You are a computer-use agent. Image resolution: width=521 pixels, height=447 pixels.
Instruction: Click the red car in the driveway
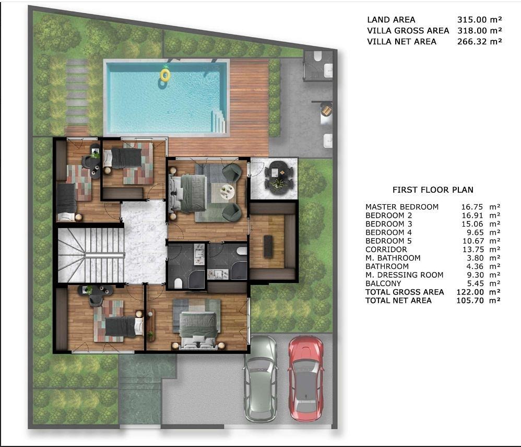point(306,379)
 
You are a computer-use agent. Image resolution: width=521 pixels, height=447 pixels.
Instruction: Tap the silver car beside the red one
point(260,379)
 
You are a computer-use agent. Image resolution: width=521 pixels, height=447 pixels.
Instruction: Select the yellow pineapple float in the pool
point(165,75)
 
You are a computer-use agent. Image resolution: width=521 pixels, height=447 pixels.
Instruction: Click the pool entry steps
point(219,121)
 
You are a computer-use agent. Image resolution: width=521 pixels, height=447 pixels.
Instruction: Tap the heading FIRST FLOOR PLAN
point(433,190)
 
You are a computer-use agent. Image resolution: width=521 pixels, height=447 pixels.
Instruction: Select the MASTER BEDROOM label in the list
point(402,207)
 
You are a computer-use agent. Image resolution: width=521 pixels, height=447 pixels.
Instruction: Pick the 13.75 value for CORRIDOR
point(473,250)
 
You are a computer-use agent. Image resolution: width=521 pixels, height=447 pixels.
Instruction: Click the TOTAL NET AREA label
point(398,301)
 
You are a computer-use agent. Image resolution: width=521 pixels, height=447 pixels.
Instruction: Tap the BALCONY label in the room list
point(383,284)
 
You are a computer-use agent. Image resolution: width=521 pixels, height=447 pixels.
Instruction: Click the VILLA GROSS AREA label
point(408,31)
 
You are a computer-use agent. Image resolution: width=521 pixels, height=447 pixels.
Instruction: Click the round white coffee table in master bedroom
point(227,192)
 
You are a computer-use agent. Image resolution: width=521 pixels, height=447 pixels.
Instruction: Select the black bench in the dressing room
point(268,246)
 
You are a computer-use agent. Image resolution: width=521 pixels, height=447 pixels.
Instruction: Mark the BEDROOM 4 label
point(388,233)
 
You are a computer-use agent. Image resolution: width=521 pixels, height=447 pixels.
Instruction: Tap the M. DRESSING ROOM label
point(405,275)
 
